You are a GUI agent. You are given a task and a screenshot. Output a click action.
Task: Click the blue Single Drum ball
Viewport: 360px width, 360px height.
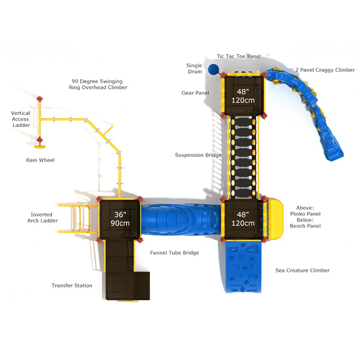[213, 69]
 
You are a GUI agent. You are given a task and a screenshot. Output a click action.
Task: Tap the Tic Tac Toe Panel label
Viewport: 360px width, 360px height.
[239, 56]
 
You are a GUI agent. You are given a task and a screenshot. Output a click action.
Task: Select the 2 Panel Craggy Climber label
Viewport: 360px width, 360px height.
[325, 70]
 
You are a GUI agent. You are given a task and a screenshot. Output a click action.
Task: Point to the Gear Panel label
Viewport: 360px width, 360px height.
[195, 93]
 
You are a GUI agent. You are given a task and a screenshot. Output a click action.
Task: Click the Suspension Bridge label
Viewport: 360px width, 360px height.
[198, 155]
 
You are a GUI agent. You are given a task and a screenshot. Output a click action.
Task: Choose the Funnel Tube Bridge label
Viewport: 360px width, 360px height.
[174, 253]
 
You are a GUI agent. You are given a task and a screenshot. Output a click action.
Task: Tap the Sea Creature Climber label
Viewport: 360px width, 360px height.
[302, 270]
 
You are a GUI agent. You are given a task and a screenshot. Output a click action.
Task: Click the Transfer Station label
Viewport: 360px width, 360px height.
[71, 285]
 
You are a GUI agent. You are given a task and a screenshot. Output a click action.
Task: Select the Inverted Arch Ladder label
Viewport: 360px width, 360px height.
[42, 218]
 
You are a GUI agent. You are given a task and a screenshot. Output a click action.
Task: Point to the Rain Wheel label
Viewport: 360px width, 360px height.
[40, 160]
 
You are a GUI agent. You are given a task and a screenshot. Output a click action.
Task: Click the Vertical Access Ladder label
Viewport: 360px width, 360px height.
[21, 119]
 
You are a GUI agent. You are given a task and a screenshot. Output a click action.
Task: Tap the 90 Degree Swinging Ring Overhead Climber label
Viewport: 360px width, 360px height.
[98, 84]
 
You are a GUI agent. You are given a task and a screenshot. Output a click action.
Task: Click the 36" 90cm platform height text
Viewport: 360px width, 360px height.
[120, 219]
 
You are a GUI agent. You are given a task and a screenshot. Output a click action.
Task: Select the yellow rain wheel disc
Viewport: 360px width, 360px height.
[40, 147]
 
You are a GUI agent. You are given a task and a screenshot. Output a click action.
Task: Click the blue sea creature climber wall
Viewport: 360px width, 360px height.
[243, 266]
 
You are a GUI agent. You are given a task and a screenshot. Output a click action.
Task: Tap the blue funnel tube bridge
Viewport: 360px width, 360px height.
[181, 219]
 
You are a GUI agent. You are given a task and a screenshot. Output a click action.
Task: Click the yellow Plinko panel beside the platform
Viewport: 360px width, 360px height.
[275, 219]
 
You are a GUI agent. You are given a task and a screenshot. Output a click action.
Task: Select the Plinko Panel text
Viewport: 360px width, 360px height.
[305, 214]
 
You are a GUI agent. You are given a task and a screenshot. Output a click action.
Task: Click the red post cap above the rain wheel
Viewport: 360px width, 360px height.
[40, 99]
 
